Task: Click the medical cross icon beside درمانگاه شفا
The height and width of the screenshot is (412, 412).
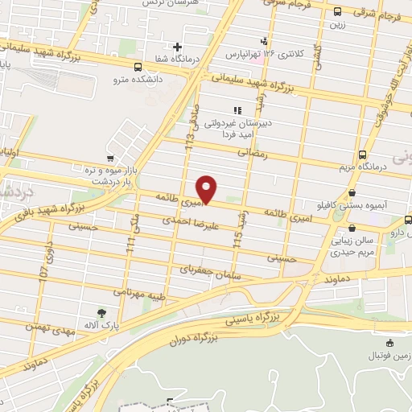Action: pyautogui.click(x=178, y=47)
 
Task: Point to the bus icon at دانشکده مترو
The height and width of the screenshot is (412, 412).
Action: pyautogui.click(x=138, y=68)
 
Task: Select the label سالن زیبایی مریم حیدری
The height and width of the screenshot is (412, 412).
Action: pyautogui.click(x=374, y=246)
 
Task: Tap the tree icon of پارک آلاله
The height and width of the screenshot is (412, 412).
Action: pyautogui.click(x=101, y=313)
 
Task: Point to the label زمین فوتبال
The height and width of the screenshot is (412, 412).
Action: pyautogui.click(x=389, y=354)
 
